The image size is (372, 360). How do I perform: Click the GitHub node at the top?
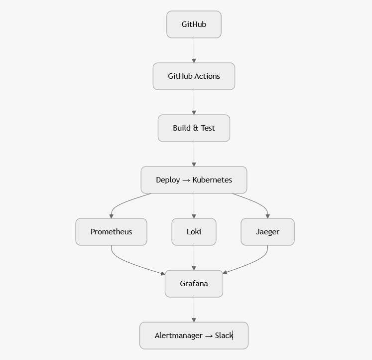194,24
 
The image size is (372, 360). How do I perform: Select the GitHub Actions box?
194,76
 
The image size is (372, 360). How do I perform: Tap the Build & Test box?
194,128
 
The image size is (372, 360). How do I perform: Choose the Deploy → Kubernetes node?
194,180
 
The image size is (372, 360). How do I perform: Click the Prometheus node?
111,232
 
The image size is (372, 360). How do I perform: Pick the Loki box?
194,232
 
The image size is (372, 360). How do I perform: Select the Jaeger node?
267,232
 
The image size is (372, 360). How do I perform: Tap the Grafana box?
194,284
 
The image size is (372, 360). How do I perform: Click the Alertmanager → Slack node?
194,336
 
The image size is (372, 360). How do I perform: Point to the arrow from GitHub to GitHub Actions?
194,50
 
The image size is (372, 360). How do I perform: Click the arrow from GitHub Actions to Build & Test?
194,102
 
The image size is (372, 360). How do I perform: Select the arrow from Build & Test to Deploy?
194,154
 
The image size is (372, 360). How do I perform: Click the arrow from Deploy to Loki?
194,205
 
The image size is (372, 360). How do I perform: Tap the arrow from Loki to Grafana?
194,258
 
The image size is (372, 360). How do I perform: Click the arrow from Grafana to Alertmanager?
194,310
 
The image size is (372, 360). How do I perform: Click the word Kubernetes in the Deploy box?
212,180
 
